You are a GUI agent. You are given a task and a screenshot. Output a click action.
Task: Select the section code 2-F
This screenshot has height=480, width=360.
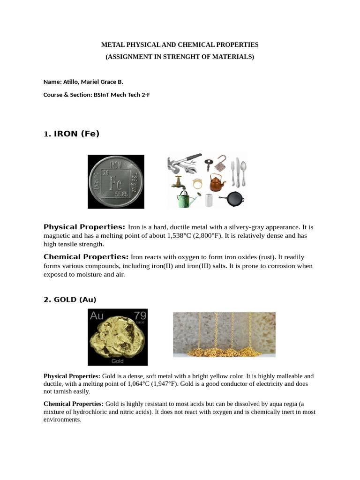click(x=145, y=94)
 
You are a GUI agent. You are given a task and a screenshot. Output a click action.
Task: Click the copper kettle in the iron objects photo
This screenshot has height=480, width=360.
click(x=217, y=182)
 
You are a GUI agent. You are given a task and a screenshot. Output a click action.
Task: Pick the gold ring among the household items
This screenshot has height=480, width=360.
click(x=197, y=183)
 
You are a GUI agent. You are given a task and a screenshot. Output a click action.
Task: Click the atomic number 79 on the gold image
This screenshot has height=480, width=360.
click(x=140, y=315)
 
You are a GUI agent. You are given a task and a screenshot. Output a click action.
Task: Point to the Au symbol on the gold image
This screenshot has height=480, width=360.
click(x=97, y=316)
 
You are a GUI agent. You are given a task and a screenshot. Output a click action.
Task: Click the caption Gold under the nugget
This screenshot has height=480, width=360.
click(x=117, y=361)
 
